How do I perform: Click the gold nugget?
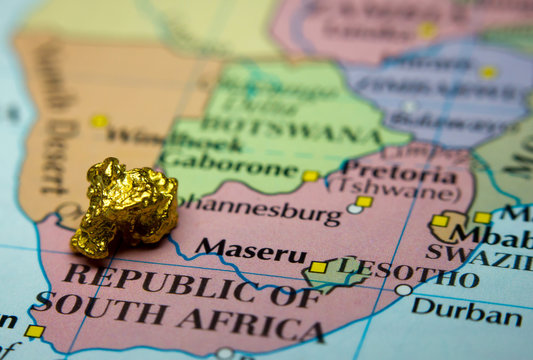point(124,206)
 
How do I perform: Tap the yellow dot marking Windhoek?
point(99,121)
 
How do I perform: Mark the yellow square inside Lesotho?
point(318,267)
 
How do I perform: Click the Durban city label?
point(466,311)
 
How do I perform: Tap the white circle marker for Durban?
point(402,290)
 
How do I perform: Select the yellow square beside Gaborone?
point(310,176)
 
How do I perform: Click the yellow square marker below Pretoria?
point(364,201)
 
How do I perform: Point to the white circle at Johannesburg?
point(354,209)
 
